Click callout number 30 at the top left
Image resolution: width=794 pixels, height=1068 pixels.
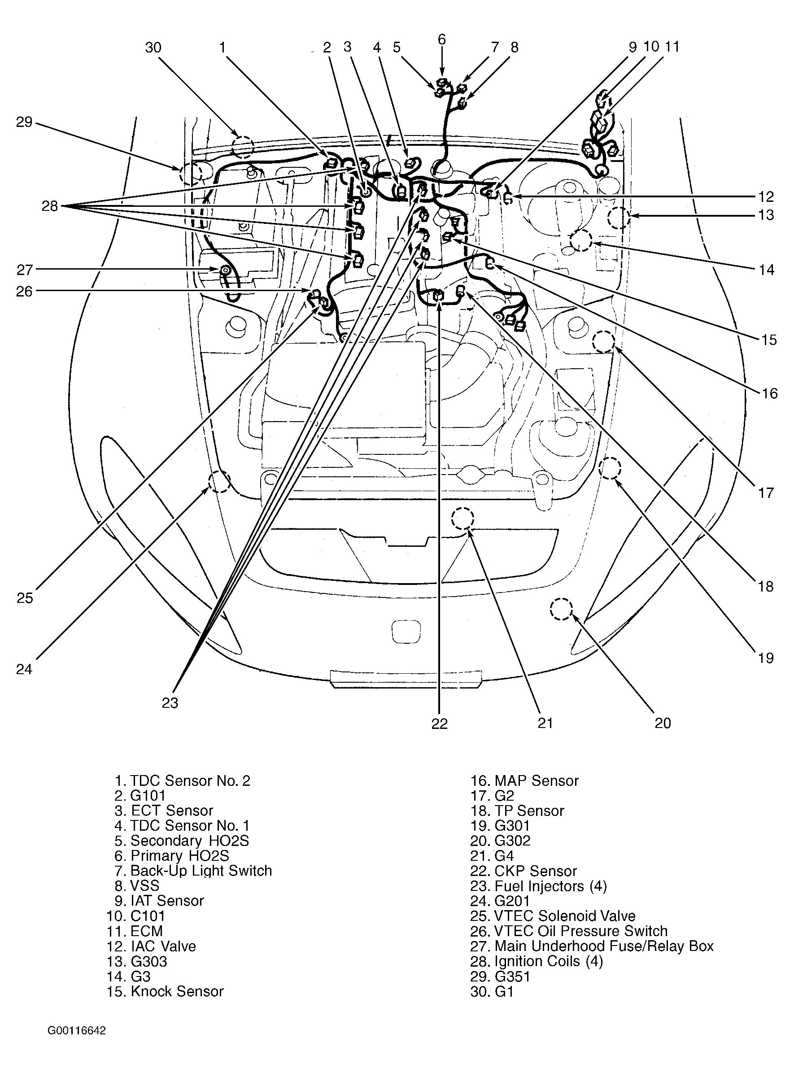153,48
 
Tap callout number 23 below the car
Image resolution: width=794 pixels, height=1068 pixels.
170,703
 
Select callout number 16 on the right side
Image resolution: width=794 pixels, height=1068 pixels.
769,393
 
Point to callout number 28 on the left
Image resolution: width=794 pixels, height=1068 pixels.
49,206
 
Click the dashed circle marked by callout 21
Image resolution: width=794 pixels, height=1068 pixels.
462,519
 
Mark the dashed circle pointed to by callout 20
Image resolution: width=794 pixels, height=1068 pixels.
561,610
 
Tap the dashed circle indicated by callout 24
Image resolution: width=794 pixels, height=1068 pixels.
219,482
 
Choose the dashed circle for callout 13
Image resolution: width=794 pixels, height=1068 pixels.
618,218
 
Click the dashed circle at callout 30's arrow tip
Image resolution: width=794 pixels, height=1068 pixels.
242,147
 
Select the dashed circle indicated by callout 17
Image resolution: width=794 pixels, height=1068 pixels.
603,342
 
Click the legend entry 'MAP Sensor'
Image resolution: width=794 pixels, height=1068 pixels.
524,780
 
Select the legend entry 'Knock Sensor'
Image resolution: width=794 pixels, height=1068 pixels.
165,991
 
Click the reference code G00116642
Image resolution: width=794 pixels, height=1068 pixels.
77,1030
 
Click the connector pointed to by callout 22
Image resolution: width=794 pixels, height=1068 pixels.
438,296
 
